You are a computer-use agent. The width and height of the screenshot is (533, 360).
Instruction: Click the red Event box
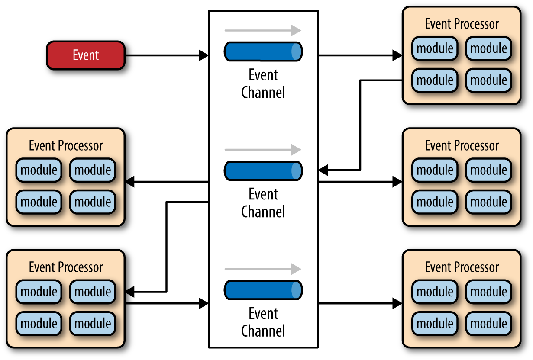click(86, 55)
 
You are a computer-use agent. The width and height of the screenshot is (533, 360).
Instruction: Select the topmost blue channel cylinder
click(263, 51)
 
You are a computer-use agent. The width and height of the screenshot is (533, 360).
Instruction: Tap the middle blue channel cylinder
click(263, 170)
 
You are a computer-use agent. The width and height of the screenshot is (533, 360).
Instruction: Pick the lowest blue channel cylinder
click(263, 290)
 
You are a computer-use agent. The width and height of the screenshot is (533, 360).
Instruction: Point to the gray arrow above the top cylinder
click(263, 30)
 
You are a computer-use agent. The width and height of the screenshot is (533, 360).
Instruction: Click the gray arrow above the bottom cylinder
click(263, 269)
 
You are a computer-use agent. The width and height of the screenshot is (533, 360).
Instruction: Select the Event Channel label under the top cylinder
click(263, 84)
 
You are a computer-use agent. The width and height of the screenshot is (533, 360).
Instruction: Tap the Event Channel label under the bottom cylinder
click(263, 322)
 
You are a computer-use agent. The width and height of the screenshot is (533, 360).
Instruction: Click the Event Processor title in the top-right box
click(462, 24)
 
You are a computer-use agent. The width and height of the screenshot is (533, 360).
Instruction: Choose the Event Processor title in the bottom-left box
click(66, 267)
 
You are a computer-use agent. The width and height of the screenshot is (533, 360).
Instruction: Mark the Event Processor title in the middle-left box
click(66, 145)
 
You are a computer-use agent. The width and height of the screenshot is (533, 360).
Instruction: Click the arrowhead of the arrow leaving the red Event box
click(204, 55)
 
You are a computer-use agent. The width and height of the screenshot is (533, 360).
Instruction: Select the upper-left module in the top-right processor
click(435, 48)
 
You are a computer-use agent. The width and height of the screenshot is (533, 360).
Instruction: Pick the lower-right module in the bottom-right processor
click(488, 324)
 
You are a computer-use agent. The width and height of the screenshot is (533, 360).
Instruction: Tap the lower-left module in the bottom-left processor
click(39, 324)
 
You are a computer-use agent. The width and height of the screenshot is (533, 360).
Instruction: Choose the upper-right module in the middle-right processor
click(488, 170)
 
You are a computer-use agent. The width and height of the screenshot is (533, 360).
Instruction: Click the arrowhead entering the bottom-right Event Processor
click(397, 303)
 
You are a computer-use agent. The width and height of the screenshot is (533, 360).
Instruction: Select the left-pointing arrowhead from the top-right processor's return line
click(323, 170)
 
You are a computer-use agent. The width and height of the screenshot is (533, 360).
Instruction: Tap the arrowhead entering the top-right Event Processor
click(397, 55)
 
